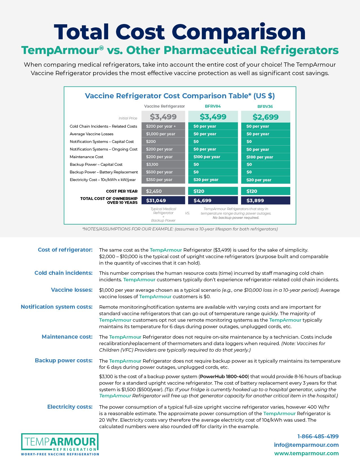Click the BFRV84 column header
pos(213,106)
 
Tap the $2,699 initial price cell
pos(265,117)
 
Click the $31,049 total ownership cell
pos(163,201)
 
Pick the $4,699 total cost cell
pos(213,201)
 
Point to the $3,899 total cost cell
pos(265,201)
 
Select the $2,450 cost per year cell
pos(163,191)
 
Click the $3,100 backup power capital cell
pos(163,164)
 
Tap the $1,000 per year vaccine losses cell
pos(163,134)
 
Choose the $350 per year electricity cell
pos(163,180)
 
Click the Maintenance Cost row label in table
pos(86,157)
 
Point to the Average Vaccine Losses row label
pos(91,134)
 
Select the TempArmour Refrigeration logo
pos(60,444)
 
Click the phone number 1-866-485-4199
pos(318,436)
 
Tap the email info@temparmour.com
pos(306,445)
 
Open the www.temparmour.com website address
pos(306,453)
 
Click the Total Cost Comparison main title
pos(180,32)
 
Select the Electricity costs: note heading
pos(70,407)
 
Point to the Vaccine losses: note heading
pos(72,290)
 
